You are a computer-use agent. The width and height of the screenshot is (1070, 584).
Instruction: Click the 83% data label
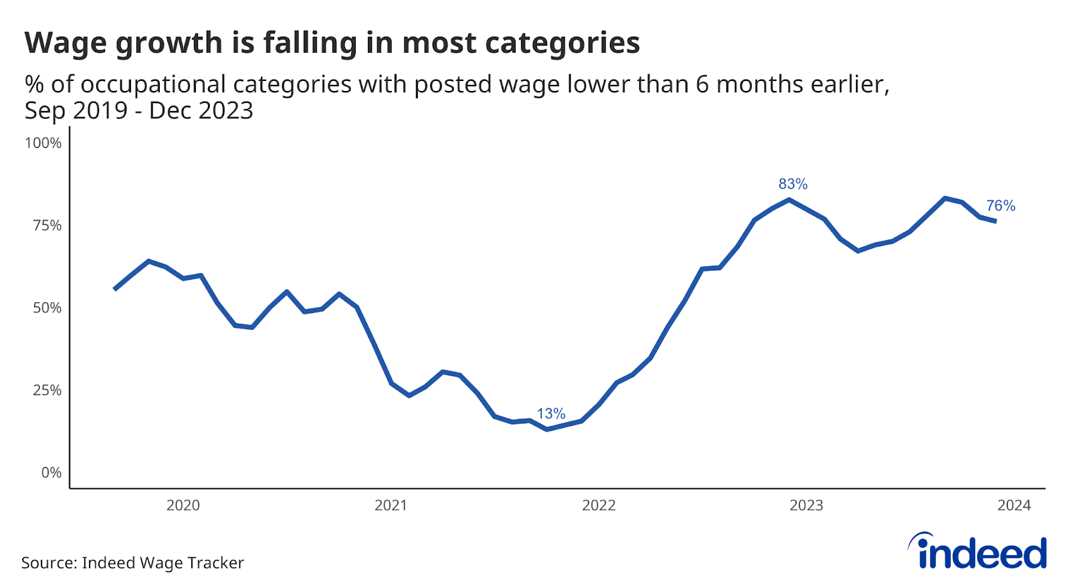(792, 184)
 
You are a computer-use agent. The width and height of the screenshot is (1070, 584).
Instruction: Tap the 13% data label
(551, 413)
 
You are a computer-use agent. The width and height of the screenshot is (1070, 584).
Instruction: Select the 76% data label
(1000, 206)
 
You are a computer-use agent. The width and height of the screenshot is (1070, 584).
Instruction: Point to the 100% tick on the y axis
(43, 143)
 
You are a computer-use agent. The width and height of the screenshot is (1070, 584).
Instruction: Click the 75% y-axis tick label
(47, 225)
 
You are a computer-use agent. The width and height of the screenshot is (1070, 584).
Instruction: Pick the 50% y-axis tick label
(47, 308)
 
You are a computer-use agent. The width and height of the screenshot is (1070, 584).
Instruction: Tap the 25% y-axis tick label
(47, 390)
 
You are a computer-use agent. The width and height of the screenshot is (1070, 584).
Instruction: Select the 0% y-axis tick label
(51, 473)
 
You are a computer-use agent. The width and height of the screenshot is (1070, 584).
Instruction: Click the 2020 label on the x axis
(183, 506)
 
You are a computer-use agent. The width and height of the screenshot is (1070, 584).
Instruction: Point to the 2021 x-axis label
(391, 506)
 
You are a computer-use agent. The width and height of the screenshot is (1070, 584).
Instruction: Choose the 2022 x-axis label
(599, 506)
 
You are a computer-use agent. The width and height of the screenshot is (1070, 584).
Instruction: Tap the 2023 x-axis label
(806, 506)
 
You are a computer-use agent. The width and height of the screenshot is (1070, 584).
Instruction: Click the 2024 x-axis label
(1014, 506)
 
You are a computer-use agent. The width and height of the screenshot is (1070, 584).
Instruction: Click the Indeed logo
(978, 552)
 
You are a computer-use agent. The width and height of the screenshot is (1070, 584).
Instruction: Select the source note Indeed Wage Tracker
(132, 563)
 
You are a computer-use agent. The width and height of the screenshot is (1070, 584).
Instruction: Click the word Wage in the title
(66, 43)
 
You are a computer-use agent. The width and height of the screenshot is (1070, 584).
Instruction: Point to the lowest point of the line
(547, 429)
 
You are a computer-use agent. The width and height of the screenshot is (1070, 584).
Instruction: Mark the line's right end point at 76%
(996, 221)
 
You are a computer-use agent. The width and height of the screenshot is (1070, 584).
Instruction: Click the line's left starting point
(115, 289)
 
